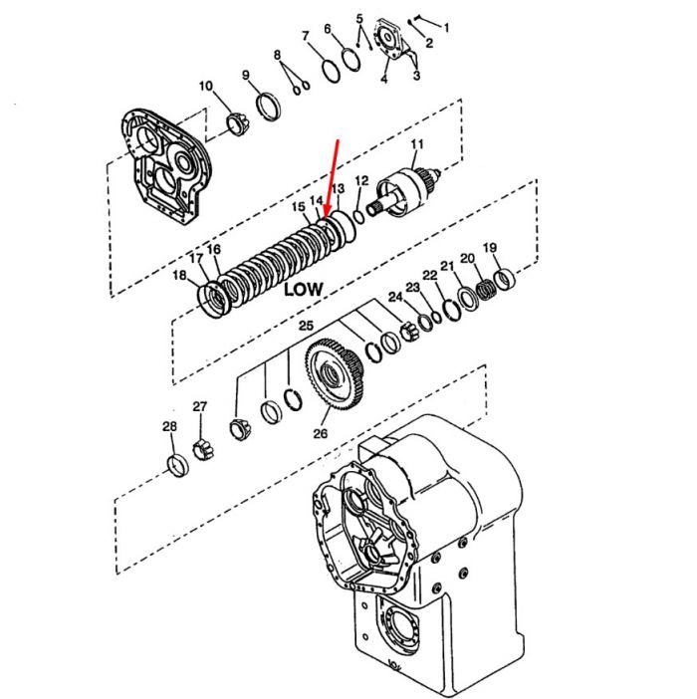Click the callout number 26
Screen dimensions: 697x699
point(320,433)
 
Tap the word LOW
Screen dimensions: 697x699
point(303,289)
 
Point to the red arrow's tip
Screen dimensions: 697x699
point(327,218)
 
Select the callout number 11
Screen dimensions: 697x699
point(417,144)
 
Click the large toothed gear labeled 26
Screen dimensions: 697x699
point(335,373)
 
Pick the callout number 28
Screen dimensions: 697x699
point(169,426)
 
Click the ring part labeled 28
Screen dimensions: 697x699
point(177,465)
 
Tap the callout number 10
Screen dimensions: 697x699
point(206,86)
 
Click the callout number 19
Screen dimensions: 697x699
point(490,247)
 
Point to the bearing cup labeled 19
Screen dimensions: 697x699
point(505,280)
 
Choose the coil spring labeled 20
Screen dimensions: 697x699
point(485,290)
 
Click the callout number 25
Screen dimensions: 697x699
point(306,326)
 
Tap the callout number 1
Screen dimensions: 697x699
point(446,28)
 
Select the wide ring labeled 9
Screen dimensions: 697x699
point(268,107)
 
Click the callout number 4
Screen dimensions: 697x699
point(383,79)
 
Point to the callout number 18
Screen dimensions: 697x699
point(179,275)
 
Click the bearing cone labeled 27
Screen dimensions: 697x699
point(203,449)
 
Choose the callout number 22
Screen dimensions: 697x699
point(430,275)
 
